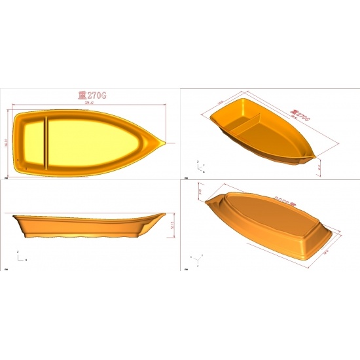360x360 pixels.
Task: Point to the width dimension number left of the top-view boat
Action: coord(7,142)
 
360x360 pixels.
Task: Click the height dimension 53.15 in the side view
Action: coord(172,225)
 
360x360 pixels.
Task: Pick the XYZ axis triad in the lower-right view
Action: coord(195,259)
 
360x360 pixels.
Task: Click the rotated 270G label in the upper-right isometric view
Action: coord(300,115)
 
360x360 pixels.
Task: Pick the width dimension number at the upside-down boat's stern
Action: coord(325,249)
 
